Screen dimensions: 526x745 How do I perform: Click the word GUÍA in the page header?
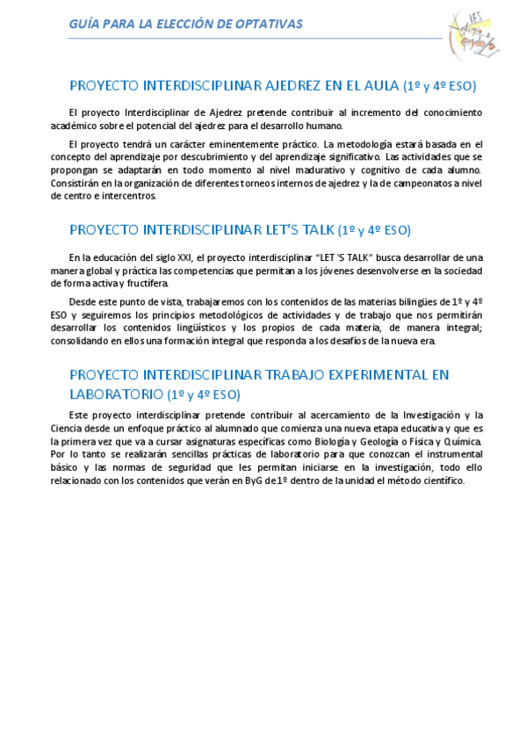83,24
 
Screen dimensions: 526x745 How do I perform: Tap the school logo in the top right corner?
473,34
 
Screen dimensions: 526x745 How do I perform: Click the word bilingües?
400,301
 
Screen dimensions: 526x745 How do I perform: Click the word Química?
463,441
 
